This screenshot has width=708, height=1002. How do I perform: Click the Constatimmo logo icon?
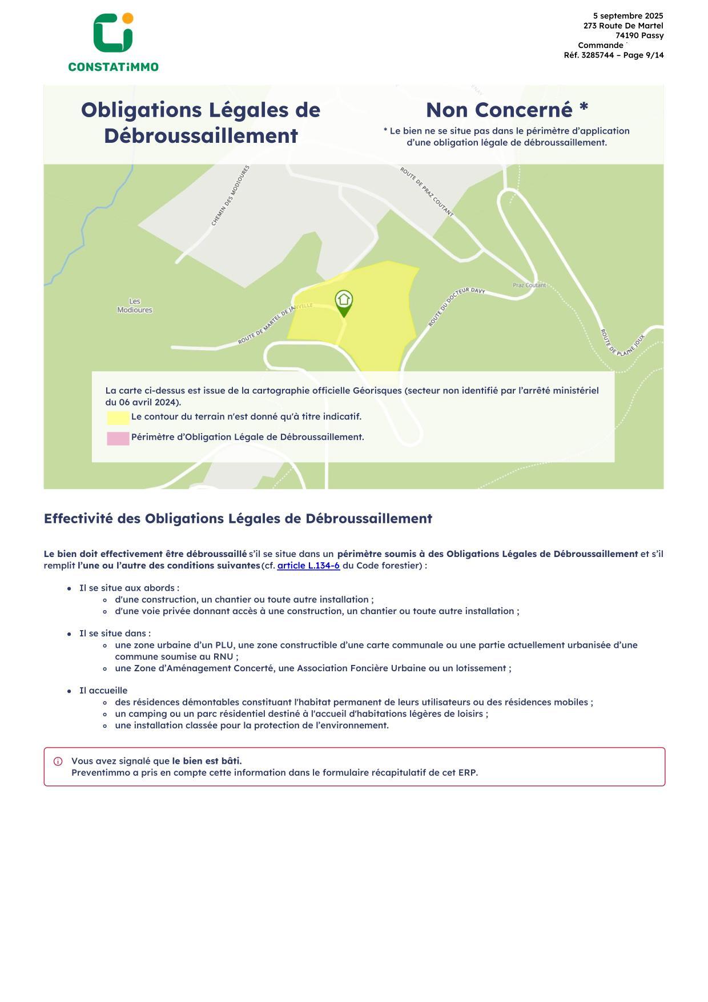point(113,33)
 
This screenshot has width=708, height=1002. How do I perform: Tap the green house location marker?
point(344,302)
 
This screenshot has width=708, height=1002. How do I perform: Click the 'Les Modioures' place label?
point(135,306)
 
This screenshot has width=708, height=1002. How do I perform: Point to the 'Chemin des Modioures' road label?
point(231,196)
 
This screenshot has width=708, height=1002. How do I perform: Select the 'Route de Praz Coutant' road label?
point(427,192)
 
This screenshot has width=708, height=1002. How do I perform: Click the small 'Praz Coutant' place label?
point(529,285)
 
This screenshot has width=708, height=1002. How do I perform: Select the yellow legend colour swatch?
point(118,418)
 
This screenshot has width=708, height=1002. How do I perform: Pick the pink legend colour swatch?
point(118,438)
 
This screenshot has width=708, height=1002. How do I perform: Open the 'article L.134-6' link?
point(308,566)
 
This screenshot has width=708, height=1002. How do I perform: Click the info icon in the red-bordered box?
point(58,761)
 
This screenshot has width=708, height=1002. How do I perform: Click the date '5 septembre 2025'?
point(628,16)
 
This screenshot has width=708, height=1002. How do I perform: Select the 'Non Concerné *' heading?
point(506,110)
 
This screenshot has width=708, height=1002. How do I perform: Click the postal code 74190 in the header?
point(626,35)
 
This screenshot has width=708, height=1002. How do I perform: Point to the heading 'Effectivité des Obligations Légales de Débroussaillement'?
point(238,519)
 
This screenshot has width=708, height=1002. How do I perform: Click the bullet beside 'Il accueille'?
point(69,691)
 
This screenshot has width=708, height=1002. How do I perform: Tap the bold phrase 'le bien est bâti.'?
point(207,761)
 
